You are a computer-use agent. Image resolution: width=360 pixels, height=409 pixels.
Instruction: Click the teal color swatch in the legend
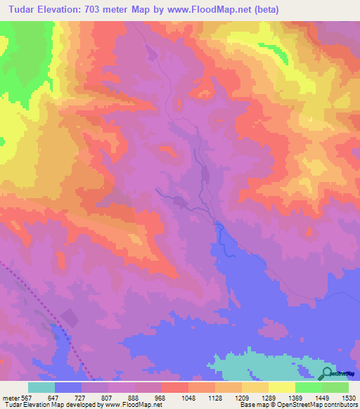41,387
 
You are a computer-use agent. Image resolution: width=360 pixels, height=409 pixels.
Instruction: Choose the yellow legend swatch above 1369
282,387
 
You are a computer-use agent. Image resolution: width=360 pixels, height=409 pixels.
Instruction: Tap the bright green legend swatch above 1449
309,387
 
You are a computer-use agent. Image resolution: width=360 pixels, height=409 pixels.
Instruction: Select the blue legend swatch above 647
68,387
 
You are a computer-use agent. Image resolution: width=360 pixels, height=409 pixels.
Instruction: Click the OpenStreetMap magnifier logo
328,373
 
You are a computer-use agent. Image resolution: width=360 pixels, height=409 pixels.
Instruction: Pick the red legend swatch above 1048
175,387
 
